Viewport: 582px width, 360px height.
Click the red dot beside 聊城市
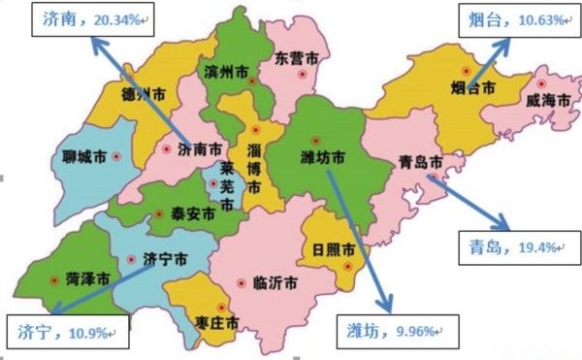point(116,156)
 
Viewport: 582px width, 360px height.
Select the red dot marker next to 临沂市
point(242,283)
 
